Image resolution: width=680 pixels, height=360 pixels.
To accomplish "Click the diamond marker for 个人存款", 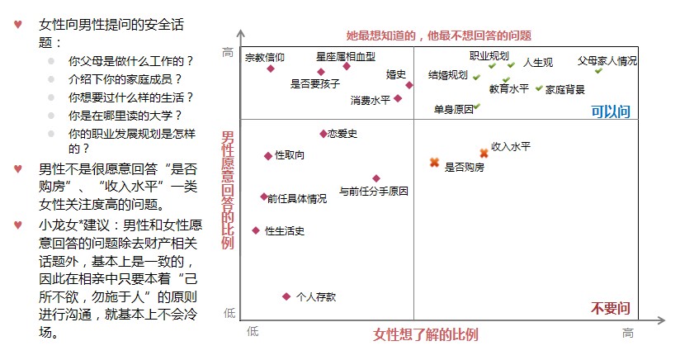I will (286, 296).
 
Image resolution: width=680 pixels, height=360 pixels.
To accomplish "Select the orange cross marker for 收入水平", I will (484, 153).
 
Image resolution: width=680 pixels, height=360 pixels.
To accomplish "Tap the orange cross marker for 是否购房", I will (434, 163).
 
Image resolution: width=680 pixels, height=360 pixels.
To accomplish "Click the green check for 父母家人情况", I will (599, 71).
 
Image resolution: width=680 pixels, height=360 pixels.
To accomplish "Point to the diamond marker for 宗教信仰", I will (270, 69).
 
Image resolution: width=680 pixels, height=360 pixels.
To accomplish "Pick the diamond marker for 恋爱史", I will (323, 133).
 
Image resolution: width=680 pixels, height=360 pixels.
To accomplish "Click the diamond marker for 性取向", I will (268, 155).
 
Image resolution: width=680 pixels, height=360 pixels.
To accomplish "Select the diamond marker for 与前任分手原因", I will (376, 178).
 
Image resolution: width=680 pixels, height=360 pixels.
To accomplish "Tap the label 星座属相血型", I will (346, 57).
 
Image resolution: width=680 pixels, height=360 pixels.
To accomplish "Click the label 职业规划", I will (489, 55).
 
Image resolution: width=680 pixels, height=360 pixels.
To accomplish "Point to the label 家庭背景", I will (565, 89).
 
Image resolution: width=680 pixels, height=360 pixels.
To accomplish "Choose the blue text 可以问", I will (611, 111).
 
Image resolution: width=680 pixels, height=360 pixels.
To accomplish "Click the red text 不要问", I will (611, 309).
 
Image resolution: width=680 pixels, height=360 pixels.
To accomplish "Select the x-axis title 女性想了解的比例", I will (426, 334).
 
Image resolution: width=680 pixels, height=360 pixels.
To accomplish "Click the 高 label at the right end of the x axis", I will (628, 332).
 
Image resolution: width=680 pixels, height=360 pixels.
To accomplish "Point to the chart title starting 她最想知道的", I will (439, 36).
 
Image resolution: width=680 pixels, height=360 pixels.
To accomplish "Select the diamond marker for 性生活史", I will (256, 230).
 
